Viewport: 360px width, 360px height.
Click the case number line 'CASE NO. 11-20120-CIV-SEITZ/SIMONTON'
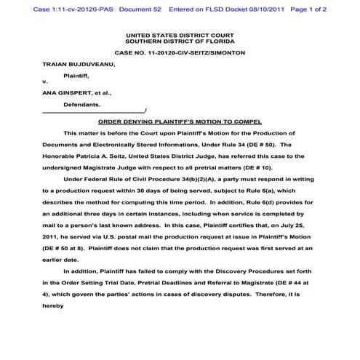tap(180, 53)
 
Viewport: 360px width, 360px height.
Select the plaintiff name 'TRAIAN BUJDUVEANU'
tap(75, 64)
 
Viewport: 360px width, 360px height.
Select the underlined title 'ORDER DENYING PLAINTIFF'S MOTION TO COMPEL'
tap(180, 121)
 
